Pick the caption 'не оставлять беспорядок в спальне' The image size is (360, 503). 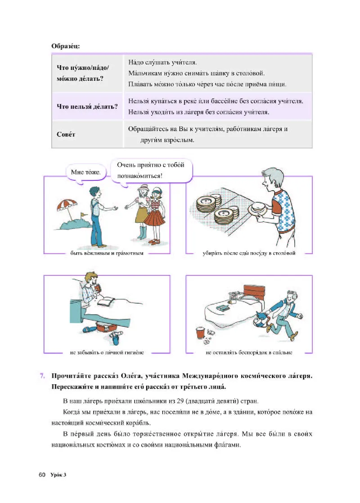point(249,353)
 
